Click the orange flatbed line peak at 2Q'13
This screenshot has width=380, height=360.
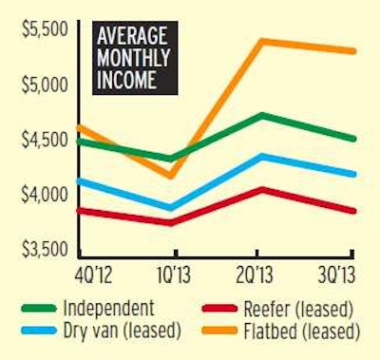coord(261,41)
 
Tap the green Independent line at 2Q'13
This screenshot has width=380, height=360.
coord(261,115)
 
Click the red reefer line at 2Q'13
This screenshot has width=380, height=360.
coord(261,189)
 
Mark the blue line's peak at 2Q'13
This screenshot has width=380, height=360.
coord(261,156)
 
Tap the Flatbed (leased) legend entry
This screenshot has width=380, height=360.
coord(290,332)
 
